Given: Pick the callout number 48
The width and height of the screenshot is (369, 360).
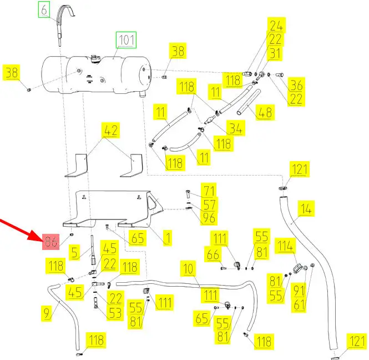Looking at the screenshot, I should coord(266,112).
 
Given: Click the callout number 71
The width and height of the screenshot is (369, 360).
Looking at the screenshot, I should coord(209,191).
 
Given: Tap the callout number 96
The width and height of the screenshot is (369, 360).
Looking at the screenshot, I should coord(209,218).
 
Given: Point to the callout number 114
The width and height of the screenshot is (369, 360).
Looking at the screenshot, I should coord(286,246).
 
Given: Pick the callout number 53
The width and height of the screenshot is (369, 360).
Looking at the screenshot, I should coord(115,313).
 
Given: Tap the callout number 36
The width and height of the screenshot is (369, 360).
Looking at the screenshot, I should coord(297,85).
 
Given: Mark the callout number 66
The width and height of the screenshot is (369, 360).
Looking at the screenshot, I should coord(213,254).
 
